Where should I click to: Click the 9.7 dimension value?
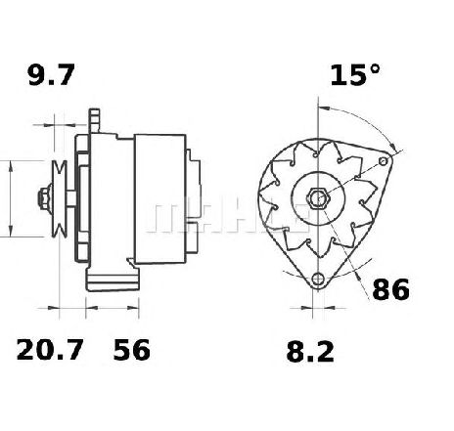tap(51, 75)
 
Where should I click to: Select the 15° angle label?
tap(355, 75)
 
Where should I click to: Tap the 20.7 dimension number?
tap(50, 350)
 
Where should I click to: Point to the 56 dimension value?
tap(132, 350)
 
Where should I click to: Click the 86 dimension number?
tap(390, 289)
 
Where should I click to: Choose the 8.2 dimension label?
tap(310, 352)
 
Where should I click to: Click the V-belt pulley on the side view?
tap(60, 198)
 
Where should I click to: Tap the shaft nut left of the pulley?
tap(45, 198)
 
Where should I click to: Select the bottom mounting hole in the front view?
tap(317, 279)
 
